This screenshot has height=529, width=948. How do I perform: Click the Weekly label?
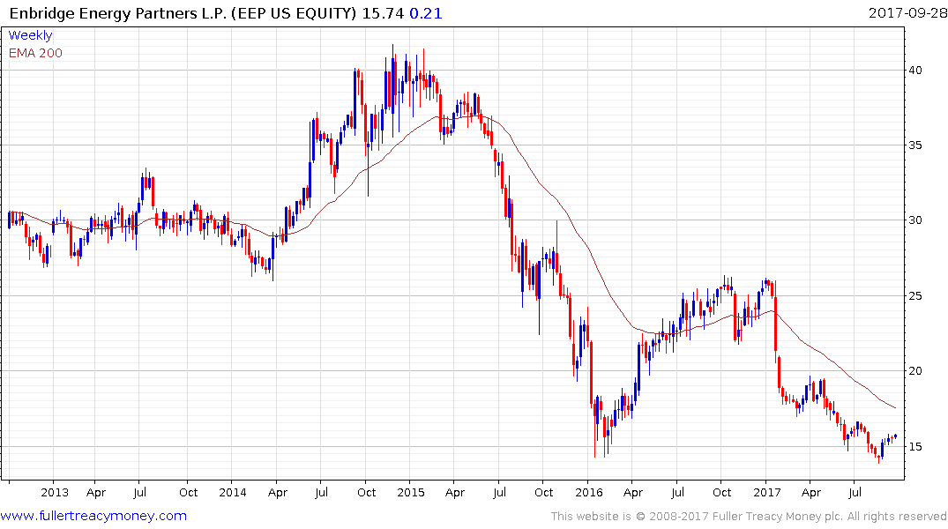pyautogui.click(x=30, y=35)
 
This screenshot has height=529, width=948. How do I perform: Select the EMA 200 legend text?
pyautogui.click(x=35, y=52)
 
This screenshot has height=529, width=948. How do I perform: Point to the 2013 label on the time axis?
pyautogui.click(x=55, y=493)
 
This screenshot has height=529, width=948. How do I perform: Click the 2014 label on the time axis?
pyautogui.click(x=233, y=493)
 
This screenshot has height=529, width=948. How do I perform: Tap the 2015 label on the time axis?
pyautogui.click(x=410, y=493)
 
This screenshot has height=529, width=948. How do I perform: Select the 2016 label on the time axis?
pyautogui.click(x=588, y=493)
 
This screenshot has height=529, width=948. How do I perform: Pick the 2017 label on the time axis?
pyautogui.click(x=767, y=493)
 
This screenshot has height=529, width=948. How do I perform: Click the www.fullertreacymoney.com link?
pyautogui.click(x=93, y=516)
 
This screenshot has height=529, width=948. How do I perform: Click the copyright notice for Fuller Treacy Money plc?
pyautogui.click(x=749, y=517)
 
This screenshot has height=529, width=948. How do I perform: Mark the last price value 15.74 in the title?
pyautogui.click(x=386, y=13)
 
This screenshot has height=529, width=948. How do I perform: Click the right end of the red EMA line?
pyautogui.click(x=895, y=407)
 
